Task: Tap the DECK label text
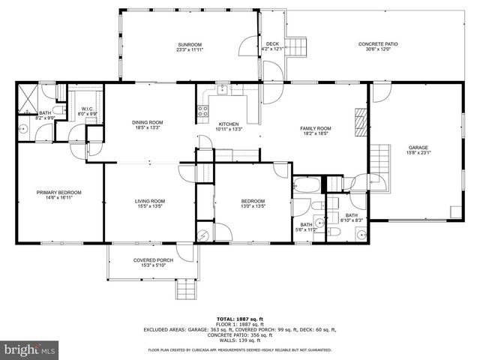pos(272,46)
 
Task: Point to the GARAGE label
pos(418,149)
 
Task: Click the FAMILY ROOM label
pos(316,130)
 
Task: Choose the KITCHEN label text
pos(228,126)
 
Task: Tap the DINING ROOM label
pos(148,125)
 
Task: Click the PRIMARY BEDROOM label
pos(58,195)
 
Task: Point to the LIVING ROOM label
pos(150,203)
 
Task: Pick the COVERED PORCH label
pos(153,262)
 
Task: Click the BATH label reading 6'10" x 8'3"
pos(352,218)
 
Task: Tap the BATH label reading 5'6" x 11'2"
pos(306,227)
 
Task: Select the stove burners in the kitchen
pos(202,113)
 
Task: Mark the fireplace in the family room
pos(361,119)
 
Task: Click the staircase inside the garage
pos(383,160)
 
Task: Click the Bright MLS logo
pos(30,349)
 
